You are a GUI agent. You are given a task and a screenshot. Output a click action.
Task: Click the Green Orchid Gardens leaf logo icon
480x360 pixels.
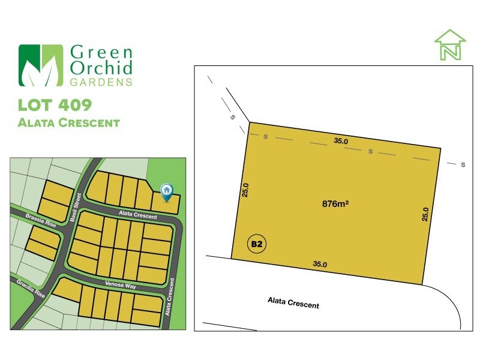41,65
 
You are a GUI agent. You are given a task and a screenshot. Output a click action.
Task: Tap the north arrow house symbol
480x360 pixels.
449,44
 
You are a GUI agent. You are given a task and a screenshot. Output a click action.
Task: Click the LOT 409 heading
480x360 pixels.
55,105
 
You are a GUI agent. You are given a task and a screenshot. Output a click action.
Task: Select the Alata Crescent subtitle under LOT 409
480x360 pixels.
69,123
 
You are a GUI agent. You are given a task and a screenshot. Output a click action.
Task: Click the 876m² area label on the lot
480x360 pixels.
335,204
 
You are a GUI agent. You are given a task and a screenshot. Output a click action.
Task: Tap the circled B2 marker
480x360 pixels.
257,244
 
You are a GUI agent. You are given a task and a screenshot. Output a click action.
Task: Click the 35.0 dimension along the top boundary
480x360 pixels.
341,142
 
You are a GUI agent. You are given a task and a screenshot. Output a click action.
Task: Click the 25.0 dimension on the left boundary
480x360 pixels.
245,190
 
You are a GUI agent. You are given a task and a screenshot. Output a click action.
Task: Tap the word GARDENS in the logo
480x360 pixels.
101,82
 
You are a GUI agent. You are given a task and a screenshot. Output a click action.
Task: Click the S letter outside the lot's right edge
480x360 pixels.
463,164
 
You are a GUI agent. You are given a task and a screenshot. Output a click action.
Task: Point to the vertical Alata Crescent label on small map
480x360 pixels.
170,296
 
